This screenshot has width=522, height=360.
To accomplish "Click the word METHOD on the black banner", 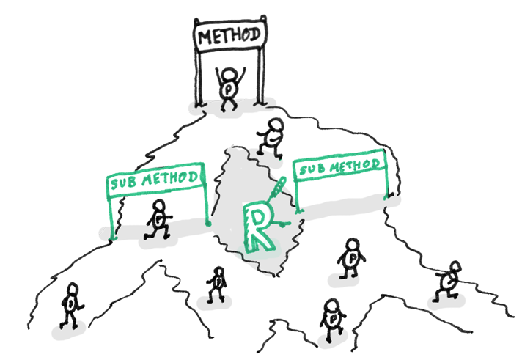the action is pyautogui.click(x=229, y=33).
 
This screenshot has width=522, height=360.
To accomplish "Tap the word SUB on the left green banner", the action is pyautogui.click(x=125, y=181).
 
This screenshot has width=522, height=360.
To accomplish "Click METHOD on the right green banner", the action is pyautogui.click(x=353, y=166).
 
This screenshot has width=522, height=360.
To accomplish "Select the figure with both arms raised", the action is pyautogui.click(x=230, y=87).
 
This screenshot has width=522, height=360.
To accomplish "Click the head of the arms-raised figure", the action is pyautogui.click(x=230, y=73).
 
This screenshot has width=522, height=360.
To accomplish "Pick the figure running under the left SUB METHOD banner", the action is pyautogui.click(x=158, y=218).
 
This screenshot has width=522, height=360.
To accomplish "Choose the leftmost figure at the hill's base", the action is pyautogui.click(x=72, y=305).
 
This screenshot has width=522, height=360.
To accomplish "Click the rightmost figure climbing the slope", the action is pyautogui.click(x=449, y=279).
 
